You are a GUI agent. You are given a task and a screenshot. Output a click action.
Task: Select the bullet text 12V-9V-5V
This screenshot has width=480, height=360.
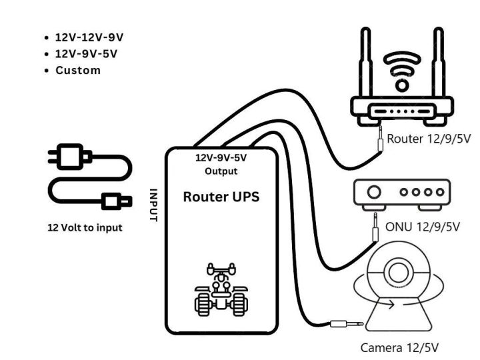point(82,54)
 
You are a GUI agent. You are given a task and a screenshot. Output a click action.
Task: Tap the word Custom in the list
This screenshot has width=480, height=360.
point(78,70)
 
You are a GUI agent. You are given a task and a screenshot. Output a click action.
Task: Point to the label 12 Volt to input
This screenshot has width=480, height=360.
point(85,227)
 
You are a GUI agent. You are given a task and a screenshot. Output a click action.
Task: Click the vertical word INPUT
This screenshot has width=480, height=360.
point(153,204)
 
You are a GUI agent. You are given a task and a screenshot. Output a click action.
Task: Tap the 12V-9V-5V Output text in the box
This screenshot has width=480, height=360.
point(220,165)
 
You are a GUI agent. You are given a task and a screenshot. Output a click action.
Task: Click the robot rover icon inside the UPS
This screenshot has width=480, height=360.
point(219,291)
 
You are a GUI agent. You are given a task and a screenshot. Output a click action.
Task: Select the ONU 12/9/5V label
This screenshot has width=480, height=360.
point(423,227)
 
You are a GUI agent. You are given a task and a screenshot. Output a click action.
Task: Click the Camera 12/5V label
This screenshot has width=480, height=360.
point(399,347)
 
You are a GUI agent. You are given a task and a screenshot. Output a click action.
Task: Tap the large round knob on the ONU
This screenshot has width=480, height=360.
point(375,193)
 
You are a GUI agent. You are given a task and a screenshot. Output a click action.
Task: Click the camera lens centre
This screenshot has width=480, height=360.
point(399,273)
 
